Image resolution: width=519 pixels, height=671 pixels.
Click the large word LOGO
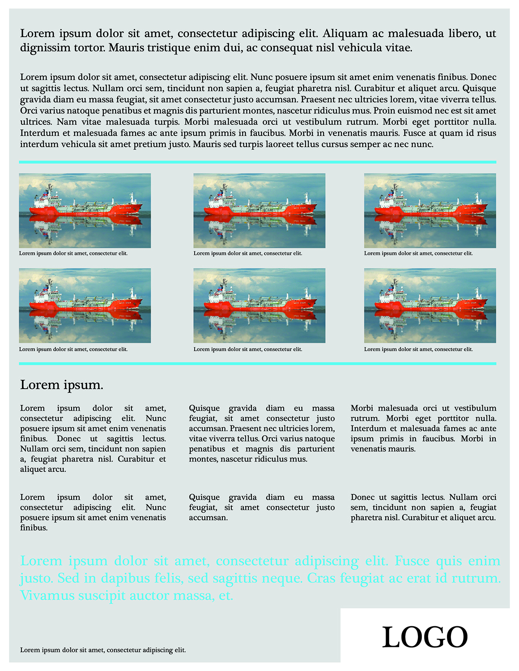click(425, 637)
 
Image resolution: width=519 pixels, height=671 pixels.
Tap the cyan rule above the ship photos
click(257, 162)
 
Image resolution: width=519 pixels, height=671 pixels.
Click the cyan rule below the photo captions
click(257, 364)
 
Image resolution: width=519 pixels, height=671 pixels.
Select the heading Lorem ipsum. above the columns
click(62, 385)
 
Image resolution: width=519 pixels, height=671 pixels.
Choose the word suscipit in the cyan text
click(101, 596)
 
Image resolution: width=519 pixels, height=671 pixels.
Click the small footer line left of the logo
click(103, 650)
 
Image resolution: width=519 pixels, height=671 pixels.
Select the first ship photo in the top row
click(85, 211)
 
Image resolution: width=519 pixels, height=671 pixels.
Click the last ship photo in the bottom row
click(430, 306)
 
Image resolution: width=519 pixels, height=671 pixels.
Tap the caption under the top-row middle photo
click(248, 253)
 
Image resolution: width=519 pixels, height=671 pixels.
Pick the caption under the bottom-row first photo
click(73, 349)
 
